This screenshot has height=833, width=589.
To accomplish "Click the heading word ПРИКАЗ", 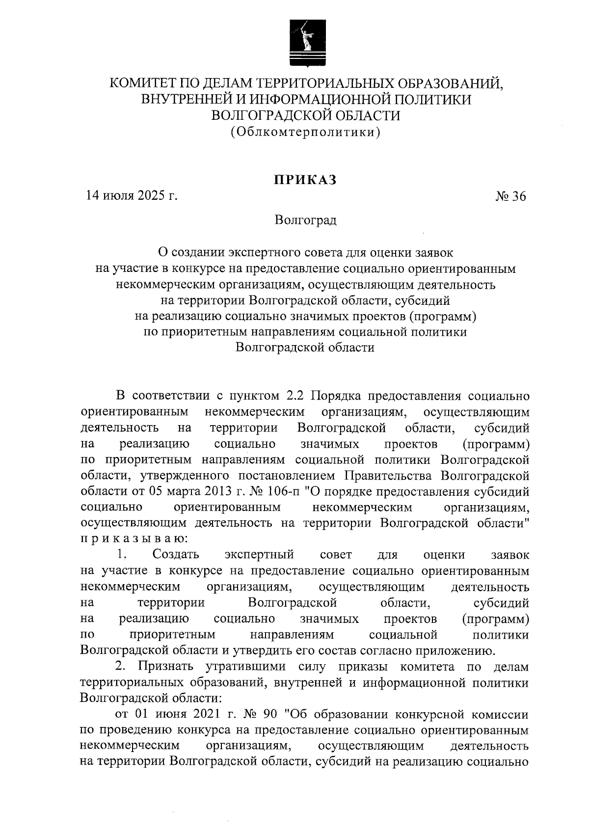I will pyautogui.click(x=305, y=180).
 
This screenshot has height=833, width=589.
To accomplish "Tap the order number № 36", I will pyautogui.click(x=511, y=197).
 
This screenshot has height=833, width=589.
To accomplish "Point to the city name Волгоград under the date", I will pyautogui.click(x=305, y=220).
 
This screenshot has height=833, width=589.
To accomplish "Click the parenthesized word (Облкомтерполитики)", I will pyautogui.click(x=305, y=132).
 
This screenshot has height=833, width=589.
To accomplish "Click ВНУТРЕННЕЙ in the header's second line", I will pyautogui.click(x=190, y=100).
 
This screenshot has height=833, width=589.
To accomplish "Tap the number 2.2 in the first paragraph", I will pyautogui.click(x=295, y=396).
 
